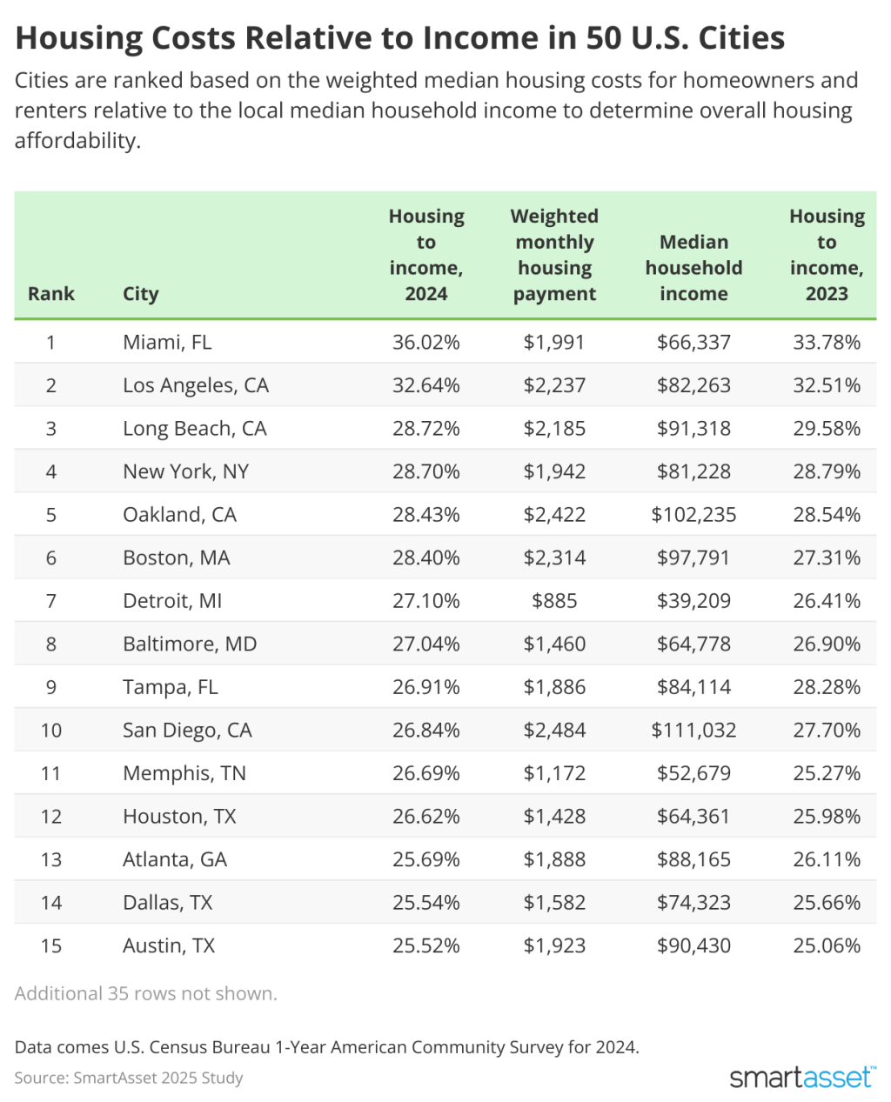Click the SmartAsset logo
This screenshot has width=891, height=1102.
[802, 1077]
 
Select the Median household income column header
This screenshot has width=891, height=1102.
[693, 268]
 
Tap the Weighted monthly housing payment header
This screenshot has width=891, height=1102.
[554, 255]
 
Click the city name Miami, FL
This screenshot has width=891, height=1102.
[167, 342]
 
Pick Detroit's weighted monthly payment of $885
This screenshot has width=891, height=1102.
[554, 601]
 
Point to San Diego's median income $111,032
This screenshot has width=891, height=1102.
[693, 730]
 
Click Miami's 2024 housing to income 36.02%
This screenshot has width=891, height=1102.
[425, 342]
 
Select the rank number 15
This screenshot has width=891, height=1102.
[51, 945]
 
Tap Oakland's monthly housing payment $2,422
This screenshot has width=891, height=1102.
[554, 515]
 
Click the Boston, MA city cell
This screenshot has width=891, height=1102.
[176, 558]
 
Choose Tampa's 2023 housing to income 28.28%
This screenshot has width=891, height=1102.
[827, 687]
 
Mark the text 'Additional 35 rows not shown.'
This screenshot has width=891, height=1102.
[146, 993]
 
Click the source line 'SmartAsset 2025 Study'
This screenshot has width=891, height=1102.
[129, 1078]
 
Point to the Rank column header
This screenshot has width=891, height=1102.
[51, 294]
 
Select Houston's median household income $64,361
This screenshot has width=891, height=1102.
[693, 816]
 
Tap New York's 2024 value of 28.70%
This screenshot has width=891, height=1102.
[425, 471]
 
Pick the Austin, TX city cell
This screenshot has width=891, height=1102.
[169, 945]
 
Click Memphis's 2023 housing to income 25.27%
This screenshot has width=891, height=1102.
[827, 773]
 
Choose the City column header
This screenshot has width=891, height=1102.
[141, 294]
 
